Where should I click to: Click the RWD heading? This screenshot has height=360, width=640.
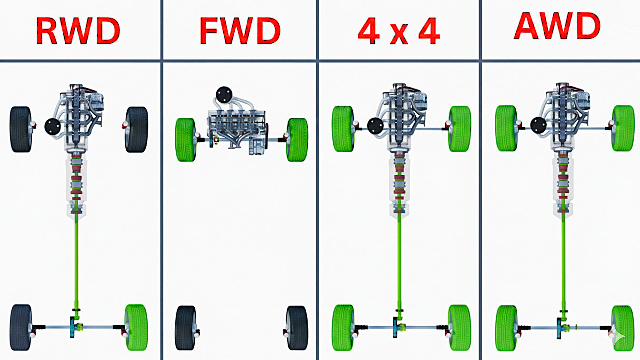(78, 30)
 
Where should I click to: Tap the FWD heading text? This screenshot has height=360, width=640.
(240, 30)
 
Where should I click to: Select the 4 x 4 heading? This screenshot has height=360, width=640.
(399, 30)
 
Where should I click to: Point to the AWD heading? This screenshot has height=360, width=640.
(557, 26)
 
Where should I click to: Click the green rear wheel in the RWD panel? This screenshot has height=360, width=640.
(137, 328)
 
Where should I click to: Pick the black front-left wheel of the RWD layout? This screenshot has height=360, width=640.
(20, 129)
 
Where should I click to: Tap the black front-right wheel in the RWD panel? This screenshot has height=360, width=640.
(137, 130)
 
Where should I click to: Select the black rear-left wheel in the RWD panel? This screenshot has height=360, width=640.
(20, 328)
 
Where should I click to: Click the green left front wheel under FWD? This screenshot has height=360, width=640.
(185, 140)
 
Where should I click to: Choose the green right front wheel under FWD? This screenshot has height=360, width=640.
(297, 140)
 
